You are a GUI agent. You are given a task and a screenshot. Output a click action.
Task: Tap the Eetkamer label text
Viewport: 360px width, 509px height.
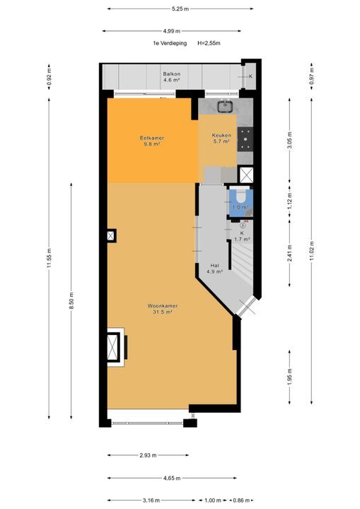coord(152,138)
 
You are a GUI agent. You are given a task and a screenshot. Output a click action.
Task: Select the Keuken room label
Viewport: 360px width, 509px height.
coord(221,135)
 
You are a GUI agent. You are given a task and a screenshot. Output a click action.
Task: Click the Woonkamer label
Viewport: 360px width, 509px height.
coord(163,306)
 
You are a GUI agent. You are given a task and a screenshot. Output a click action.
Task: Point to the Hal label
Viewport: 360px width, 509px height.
coord(214,266)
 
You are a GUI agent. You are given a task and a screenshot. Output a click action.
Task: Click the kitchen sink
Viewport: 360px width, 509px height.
coord(225,105)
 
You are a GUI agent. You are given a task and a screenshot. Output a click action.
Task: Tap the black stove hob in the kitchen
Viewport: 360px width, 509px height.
coord(245,139)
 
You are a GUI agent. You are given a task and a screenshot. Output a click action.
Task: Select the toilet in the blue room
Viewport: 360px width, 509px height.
coord(240,196)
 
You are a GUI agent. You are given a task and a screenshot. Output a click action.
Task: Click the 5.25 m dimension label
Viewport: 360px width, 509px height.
coord(180,8)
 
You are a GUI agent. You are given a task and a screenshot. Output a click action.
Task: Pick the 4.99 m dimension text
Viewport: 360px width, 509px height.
coord(172,31)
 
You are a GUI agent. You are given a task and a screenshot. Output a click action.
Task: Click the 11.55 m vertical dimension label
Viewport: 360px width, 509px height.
coord(49,259)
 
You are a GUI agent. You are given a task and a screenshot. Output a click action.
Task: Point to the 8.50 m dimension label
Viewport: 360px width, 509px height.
coord(71,301)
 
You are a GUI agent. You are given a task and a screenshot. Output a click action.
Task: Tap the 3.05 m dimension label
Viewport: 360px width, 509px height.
coord(289,140)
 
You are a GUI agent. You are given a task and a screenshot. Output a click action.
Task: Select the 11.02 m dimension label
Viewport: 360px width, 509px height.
coord(312,251)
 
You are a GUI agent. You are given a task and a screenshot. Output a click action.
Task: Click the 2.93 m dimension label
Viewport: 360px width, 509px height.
coord(148,455)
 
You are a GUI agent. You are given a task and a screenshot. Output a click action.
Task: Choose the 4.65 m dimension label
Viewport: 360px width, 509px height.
coord(172,478)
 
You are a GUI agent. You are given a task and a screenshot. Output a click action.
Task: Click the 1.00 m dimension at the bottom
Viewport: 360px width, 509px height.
coord(213,501)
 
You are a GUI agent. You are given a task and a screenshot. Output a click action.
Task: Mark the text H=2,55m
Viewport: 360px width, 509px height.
coord(209,43)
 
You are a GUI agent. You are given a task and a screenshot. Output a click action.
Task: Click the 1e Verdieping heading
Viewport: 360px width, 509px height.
coord(170,43)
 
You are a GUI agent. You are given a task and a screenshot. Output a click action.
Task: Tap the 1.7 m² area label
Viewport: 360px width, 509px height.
coord(242,240)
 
